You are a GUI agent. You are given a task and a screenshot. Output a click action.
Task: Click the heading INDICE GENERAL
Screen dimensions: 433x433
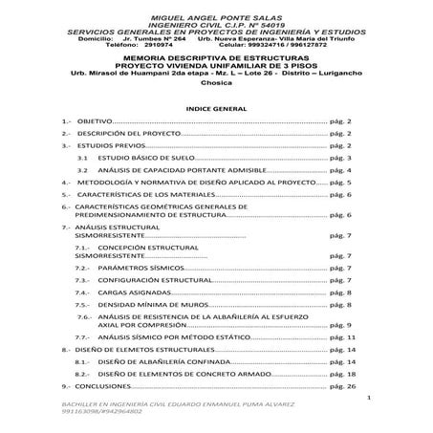pos(216,109)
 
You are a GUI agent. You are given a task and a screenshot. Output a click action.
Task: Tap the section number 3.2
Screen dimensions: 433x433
pos(83,167)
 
